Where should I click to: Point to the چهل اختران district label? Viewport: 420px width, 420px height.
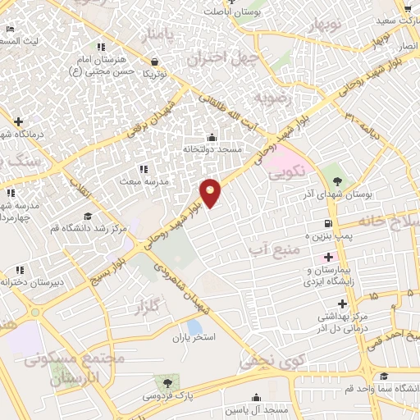tap(222, 58)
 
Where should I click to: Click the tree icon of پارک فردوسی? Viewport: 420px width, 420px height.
tap(168, 382)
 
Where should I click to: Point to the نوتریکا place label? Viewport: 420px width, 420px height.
tap(155, 74)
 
